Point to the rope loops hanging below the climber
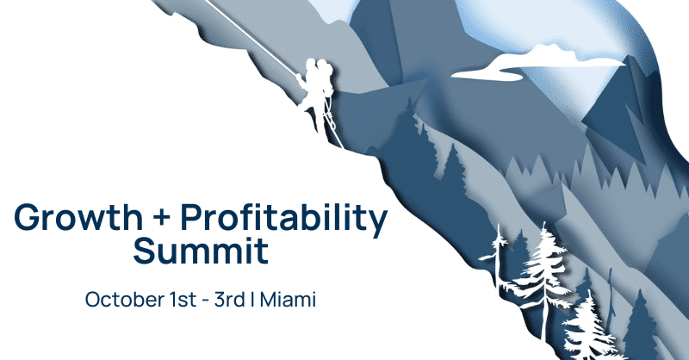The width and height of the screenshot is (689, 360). pos(327,121)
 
